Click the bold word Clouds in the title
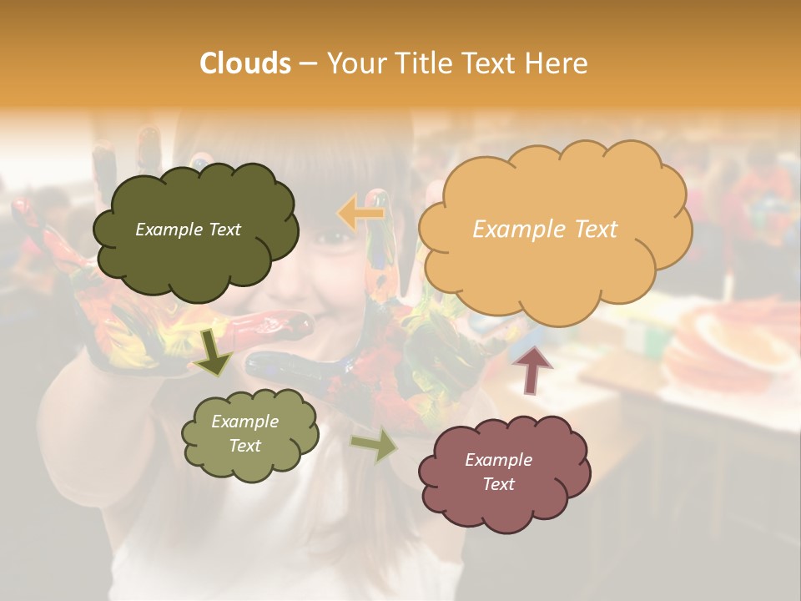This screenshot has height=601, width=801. [244, 63]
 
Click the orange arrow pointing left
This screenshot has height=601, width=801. [361, 213]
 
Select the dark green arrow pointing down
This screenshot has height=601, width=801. [214, 353]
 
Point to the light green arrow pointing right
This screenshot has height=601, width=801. [375, 444]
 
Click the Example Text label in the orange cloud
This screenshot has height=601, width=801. [545, 230]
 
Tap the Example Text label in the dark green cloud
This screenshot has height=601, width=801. [188, 230]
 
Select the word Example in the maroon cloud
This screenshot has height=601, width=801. [498, 460]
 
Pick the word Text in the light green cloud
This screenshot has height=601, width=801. [245, 446]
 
